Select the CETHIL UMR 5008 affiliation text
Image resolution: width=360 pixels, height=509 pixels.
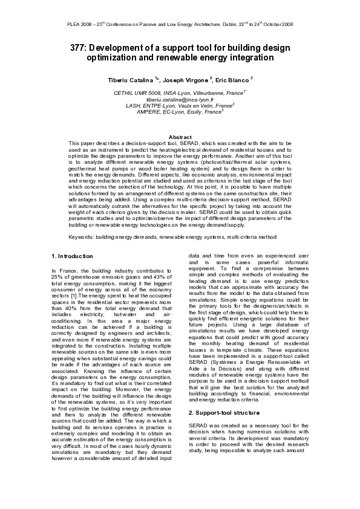point(142,92)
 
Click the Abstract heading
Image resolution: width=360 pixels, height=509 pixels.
point(180,137)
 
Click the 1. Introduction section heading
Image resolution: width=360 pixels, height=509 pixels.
point(72,256)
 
